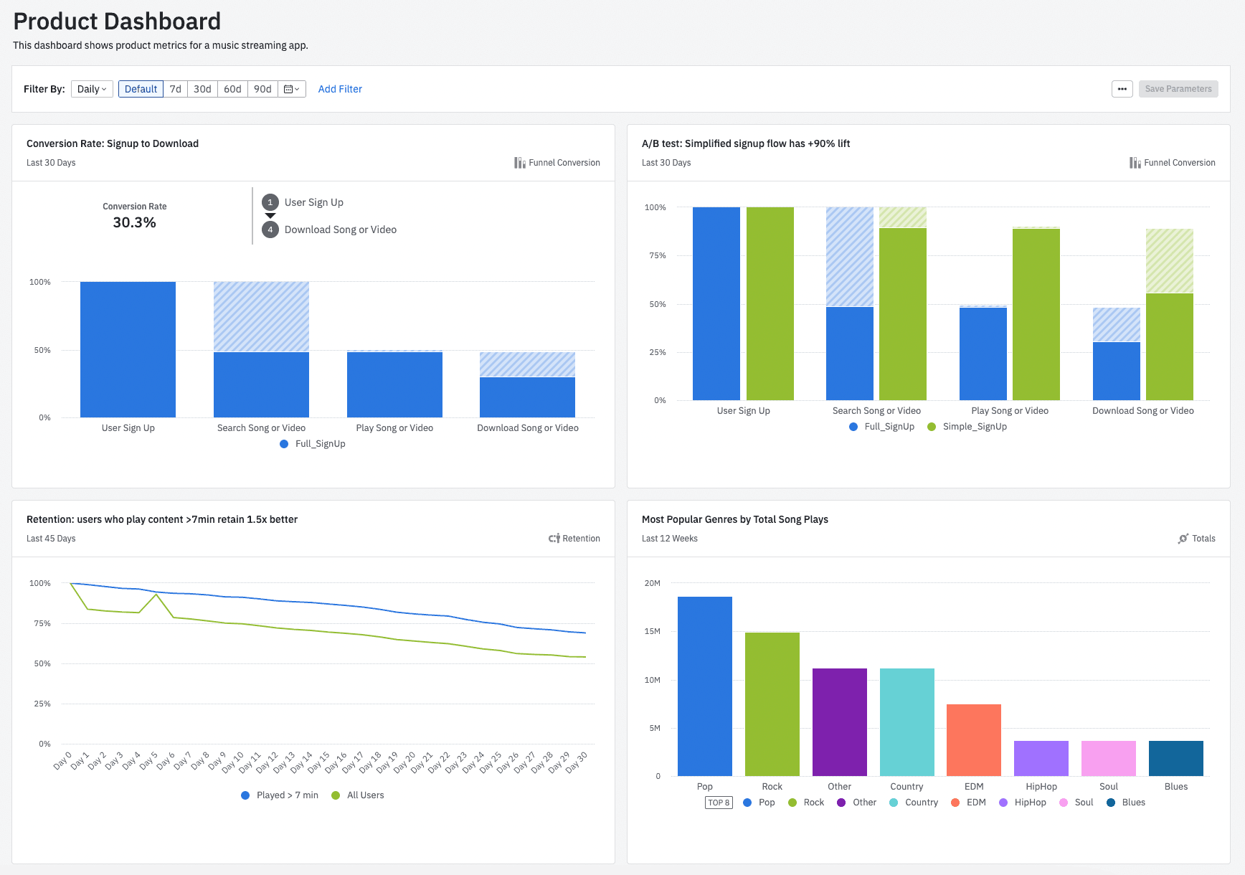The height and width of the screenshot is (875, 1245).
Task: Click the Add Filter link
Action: pyautogui.click(x=340, y=89)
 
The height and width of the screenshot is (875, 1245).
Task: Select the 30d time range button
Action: pyautogui.click(x=202, y=89)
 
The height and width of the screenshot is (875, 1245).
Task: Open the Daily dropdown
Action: pyautogui.click(x=92, y=89)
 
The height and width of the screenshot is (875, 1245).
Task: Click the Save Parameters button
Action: pyautogui.click(x=1178, y=89)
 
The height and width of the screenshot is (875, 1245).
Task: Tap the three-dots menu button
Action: pyautogui.click(x=1122, y=89)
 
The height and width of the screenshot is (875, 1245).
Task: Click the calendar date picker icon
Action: pyautogui.click(x=291, y=89)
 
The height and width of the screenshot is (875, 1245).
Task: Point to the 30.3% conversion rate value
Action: pyautogui.click(x=134, y=222)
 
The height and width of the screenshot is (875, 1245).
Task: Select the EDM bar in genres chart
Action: pyautogui.click(x=973, y=739)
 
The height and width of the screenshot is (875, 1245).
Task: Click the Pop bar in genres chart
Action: pyautogui.click(x=704, y=686)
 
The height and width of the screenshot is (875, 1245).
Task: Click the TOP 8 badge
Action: pyautogui.click(x=719, y=803)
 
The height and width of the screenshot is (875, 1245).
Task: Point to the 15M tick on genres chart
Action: pyautogui.click(x=652, y=632)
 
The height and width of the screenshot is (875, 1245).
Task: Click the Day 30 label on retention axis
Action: pyautogui.click(x=576, y=762)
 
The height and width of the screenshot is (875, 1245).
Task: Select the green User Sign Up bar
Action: pyautogui.click(x=770, y=303)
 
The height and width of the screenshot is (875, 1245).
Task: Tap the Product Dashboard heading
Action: pyautogui.click(x=117, y=22)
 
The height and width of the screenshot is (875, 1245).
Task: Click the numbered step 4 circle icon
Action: pyautogui.click(x=270, y=230)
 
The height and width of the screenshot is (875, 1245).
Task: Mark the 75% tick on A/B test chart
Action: pyautogui.click(x=657, y=255)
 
